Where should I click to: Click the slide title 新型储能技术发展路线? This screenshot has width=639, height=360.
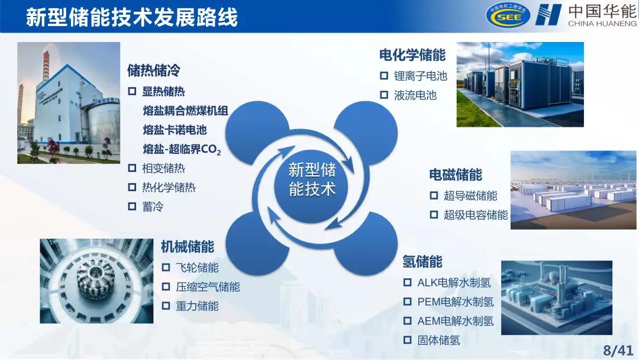[131, 17]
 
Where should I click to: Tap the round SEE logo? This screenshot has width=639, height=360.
[508, 16]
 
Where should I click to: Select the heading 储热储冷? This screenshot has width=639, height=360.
[154, 70]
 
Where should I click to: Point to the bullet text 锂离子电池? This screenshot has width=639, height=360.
[421, 76]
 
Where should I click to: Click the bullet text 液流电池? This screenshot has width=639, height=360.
[415, 95]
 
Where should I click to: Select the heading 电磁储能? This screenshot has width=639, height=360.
[456, 175]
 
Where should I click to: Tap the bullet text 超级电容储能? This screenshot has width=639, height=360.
[476, 215]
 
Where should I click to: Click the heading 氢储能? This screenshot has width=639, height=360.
[422, 261]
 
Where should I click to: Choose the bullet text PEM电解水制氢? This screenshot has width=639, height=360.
[455, 302]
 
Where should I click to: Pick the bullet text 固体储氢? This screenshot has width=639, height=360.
[438, 340]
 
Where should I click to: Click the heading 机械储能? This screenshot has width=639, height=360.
[188, 246]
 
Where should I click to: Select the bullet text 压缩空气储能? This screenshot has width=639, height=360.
[208, 287]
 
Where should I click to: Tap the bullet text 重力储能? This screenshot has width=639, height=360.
[197, 306]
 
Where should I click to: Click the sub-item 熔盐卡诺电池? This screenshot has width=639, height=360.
[175, 130]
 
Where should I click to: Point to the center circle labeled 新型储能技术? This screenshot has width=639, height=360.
[312, 180]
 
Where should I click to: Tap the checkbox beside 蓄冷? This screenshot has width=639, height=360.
[132, 207]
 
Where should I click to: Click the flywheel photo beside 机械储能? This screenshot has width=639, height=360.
[96, 281]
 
